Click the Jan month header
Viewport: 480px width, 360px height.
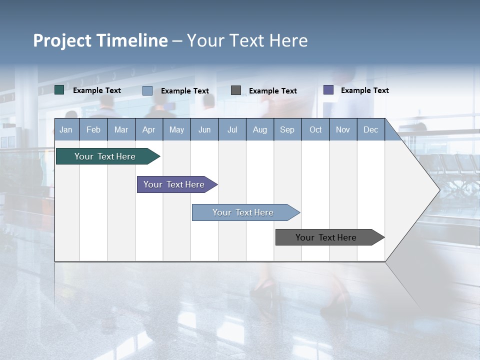click(66, 129)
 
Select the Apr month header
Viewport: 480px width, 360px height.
click(148, 129)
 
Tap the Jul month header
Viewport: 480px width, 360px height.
click(232, 129)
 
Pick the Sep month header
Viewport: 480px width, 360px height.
click(287, 129)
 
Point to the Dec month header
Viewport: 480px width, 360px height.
click(370, 129)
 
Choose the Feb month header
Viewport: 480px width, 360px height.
click(93, 129)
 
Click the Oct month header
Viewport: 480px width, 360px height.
click(315, 129)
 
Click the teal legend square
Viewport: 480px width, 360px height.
click(59, 90)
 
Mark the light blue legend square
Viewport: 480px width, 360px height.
click(147, 90)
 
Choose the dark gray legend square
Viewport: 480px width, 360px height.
click(236, 90)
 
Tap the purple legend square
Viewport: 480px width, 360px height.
click(328, 90)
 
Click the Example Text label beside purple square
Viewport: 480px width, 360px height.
click(364, 90)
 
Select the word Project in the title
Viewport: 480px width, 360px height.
click(62, 40)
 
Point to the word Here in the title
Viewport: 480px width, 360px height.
click(288, 40)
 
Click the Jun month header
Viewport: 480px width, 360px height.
click(204, 129)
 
